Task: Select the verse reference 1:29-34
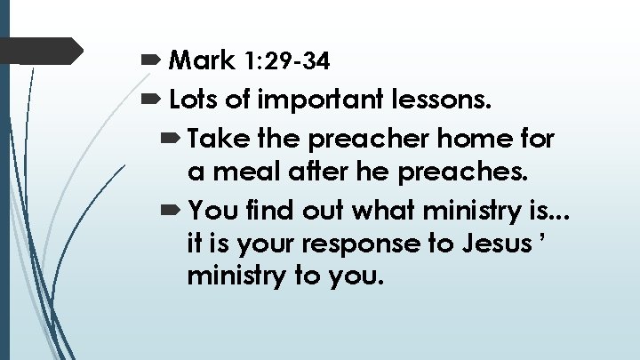(284, 60)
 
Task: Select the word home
(468, 139)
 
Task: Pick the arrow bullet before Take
(172, 140)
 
